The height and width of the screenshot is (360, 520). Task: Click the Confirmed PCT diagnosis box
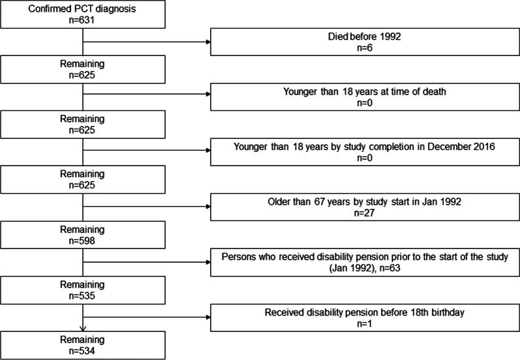point(84,15)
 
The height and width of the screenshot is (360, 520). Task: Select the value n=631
point(84,21)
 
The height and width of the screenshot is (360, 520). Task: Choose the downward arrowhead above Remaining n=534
point(84,328)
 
